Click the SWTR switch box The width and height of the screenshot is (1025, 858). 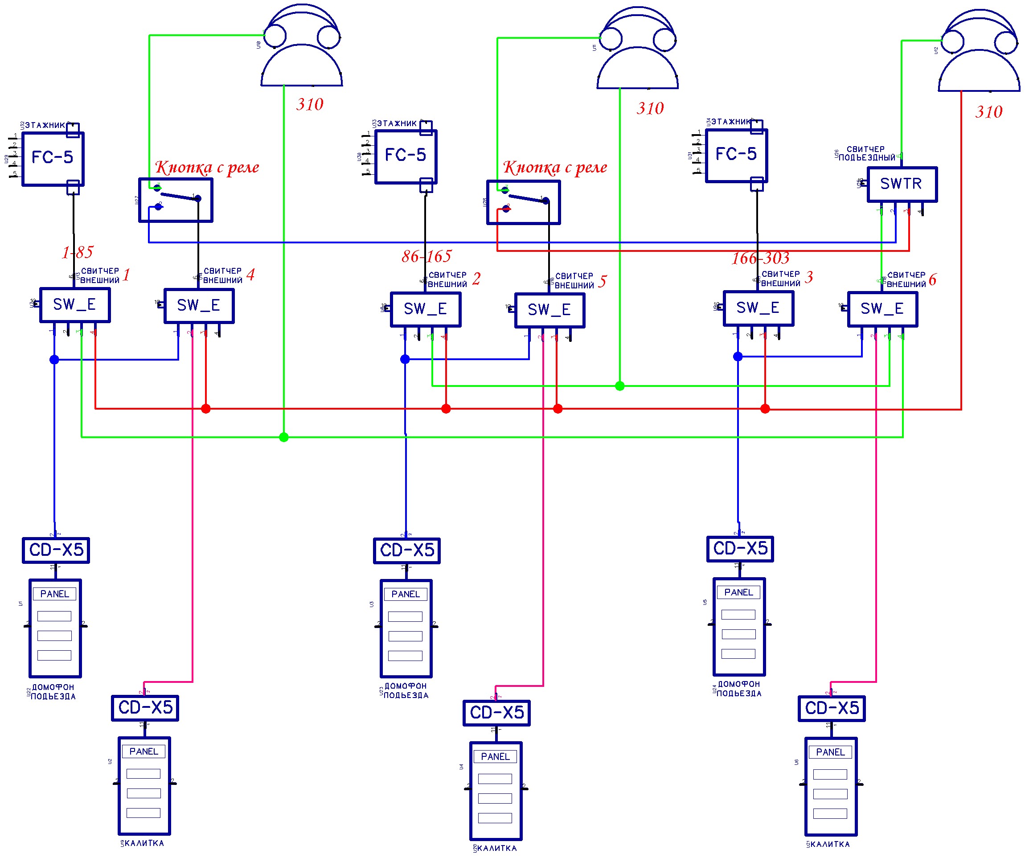point(902,184)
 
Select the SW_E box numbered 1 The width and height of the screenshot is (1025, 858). point(75,304)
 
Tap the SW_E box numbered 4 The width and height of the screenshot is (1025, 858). point(199,305)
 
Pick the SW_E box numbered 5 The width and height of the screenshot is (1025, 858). point(549,309)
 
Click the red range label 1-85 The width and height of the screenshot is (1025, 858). point(77,252)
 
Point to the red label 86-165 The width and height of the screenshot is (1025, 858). point(426,256)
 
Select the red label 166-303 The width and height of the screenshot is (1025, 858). point(760,258)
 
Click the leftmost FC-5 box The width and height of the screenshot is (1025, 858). point(53,158)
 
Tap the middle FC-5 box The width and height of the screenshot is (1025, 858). point(406,156)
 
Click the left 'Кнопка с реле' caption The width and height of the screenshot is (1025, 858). point(207,168)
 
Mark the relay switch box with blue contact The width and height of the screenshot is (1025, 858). point(176,200)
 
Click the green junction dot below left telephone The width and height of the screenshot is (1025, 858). point(283,437)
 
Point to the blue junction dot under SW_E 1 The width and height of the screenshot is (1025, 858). point(54,360)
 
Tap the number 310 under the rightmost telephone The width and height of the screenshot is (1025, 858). point(988,112)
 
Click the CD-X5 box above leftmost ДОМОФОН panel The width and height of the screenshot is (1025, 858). point(56,550)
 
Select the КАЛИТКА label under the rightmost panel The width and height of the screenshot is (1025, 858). point(830,844)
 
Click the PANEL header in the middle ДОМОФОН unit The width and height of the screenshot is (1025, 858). point(406,594)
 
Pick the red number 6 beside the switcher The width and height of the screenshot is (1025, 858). point(932,279)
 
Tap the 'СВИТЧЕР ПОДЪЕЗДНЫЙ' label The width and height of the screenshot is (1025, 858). point(866,153)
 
